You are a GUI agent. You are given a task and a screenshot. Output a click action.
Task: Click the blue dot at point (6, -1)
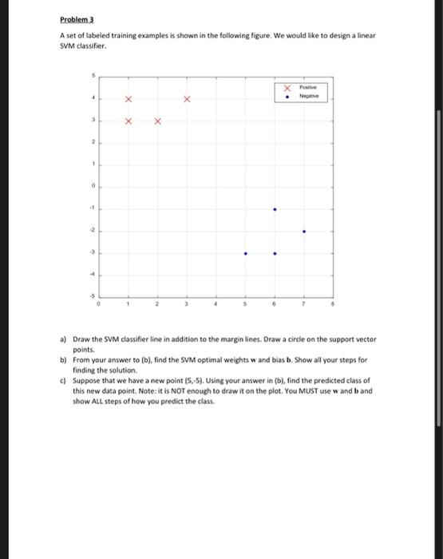coord(275,209)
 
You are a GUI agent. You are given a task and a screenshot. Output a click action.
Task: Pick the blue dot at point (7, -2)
coord(304,232)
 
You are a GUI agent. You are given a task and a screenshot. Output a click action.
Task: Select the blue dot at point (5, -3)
coord(245,255)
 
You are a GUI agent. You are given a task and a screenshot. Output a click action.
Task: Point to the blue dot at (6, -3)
coord(275,255)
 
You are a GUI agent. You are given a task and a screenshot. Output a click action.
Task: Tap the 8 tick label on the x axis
coord(333,304)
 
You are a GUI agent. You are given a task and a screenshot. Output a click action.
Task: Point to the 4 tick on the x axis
coord(216,304)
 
